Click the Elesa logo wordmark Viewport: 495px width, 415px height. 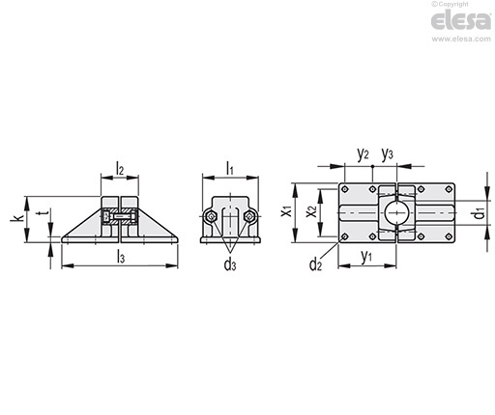pyautogui.click(x=461, y=20)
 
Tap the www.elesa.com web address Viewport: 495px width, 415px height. pyautogui.click(x=461, y=39)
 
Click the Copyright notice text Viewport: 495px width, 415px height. pyautogui.click(x=450, y=4)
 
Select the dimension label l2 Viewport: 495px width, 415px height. pyautogui.click(x=120, y=169)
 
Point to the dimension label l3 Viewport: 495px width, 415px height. pyautogui.click(x=121, y=258)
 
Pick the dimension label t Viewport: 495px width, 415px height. pyautogui.click(x=45, y=213)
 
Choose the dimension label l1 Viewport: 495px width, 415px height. pyautogui.click(x=229, y=169)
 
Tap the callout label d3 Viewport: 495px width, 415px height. pyautogui.click(x=230, y=264)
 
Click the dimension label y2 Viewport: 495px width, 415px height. pyautogui.click(x=363, y=154)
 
